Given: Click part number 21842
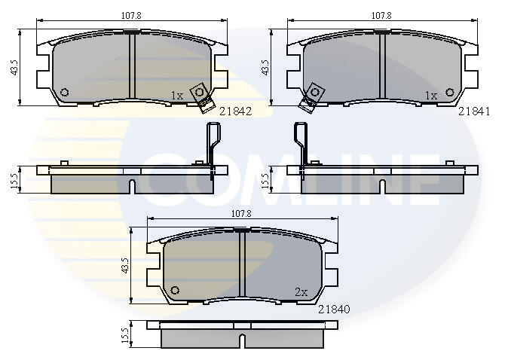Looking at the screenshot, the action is (235, 111).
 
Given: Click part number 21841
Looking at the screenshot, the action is (474, 111).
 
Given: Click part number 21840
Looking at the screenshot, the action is (334, 310).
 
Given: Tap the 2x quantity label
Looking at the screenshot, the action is (301, 292).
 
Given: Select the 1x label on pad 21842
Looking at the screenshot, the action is (177, 95).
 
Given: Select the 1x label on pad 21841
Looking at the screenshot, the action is (431, 95).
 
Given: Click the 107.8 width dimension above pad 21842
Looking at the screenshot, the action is (131, 15).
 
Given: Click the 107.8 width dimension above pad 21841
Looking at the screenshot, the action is (381, 15).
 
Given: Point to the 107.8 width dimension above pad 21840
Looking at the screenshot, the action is (241, 214).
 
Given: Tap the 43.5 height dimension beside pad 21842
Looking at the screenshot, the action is (14, 68).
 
